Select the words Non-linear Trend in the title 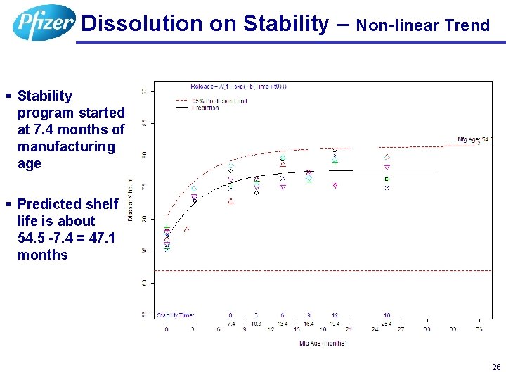[x=422, y=26]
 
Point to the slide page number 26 [x=496, y=367]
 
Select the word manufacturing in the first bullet [x=66, y=146]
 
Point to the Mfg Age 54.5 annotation [x=475, y=139]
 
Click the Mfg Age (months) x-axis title [x=323, y=343]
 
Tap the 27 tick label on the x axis [x=401, y=329]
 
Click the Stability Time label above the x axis [x=175, y=315]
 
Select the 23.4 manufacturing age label [x=387, y=322]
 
